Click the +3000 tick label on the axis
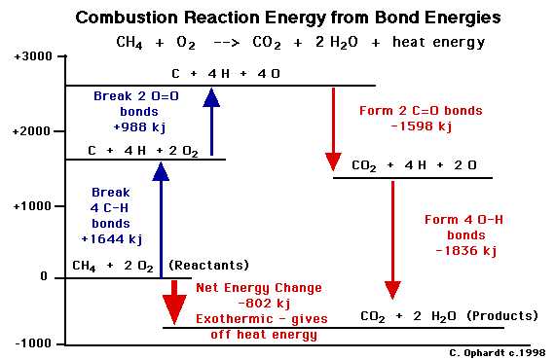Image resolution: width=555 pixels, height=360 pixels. click(33, 56)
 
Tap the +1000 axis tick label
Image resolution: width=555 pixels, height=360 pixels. click(33, 205)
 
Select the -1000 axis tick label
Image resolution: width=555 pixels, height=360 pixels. click(33, 342)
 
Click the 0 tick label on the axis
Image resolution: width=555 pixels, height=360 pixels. click(44, 276)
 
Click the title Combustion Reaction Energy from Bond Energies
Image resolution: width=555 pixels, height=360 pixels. click(287, 18)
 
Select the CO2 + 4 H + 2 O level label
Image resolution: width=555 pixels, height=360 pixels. click(414, 166)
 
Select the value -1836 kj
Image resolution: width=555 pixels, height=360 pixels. click(462, 250)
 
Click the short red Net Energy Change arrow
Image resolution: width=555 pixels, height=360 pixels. click(174, 302)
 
